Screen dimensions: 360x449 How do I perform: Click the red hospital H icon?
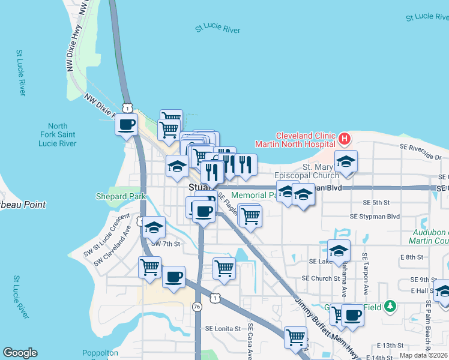pyautogui.click(x=344, y=139)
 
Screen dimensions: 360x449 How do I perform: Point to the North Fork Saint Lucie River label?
pyautogui.click(x=58, y=135)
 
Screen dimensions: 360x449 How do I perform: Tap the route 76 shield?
pyautogui.click(x=197, y=307)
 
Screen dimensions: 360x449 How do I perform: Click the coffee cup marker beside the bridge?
pyautogui.click(x=126, y=125)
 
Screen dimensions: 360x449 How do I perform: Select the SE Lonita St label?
pyautogui.click(x=223, y=329)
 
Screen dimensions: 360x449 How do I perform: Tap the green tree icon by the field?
pyautogui.click(x=390, y=306)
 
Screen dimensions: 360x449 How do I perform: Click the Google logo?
pyautogui.click(x=20, y=353)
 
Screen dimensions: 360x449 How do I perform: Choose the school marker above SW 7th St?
pyautogui.click(x=154, y=228)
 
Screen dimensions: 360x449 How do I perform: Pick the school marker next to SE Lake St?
pyautogui.click(x=339, y=251)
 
